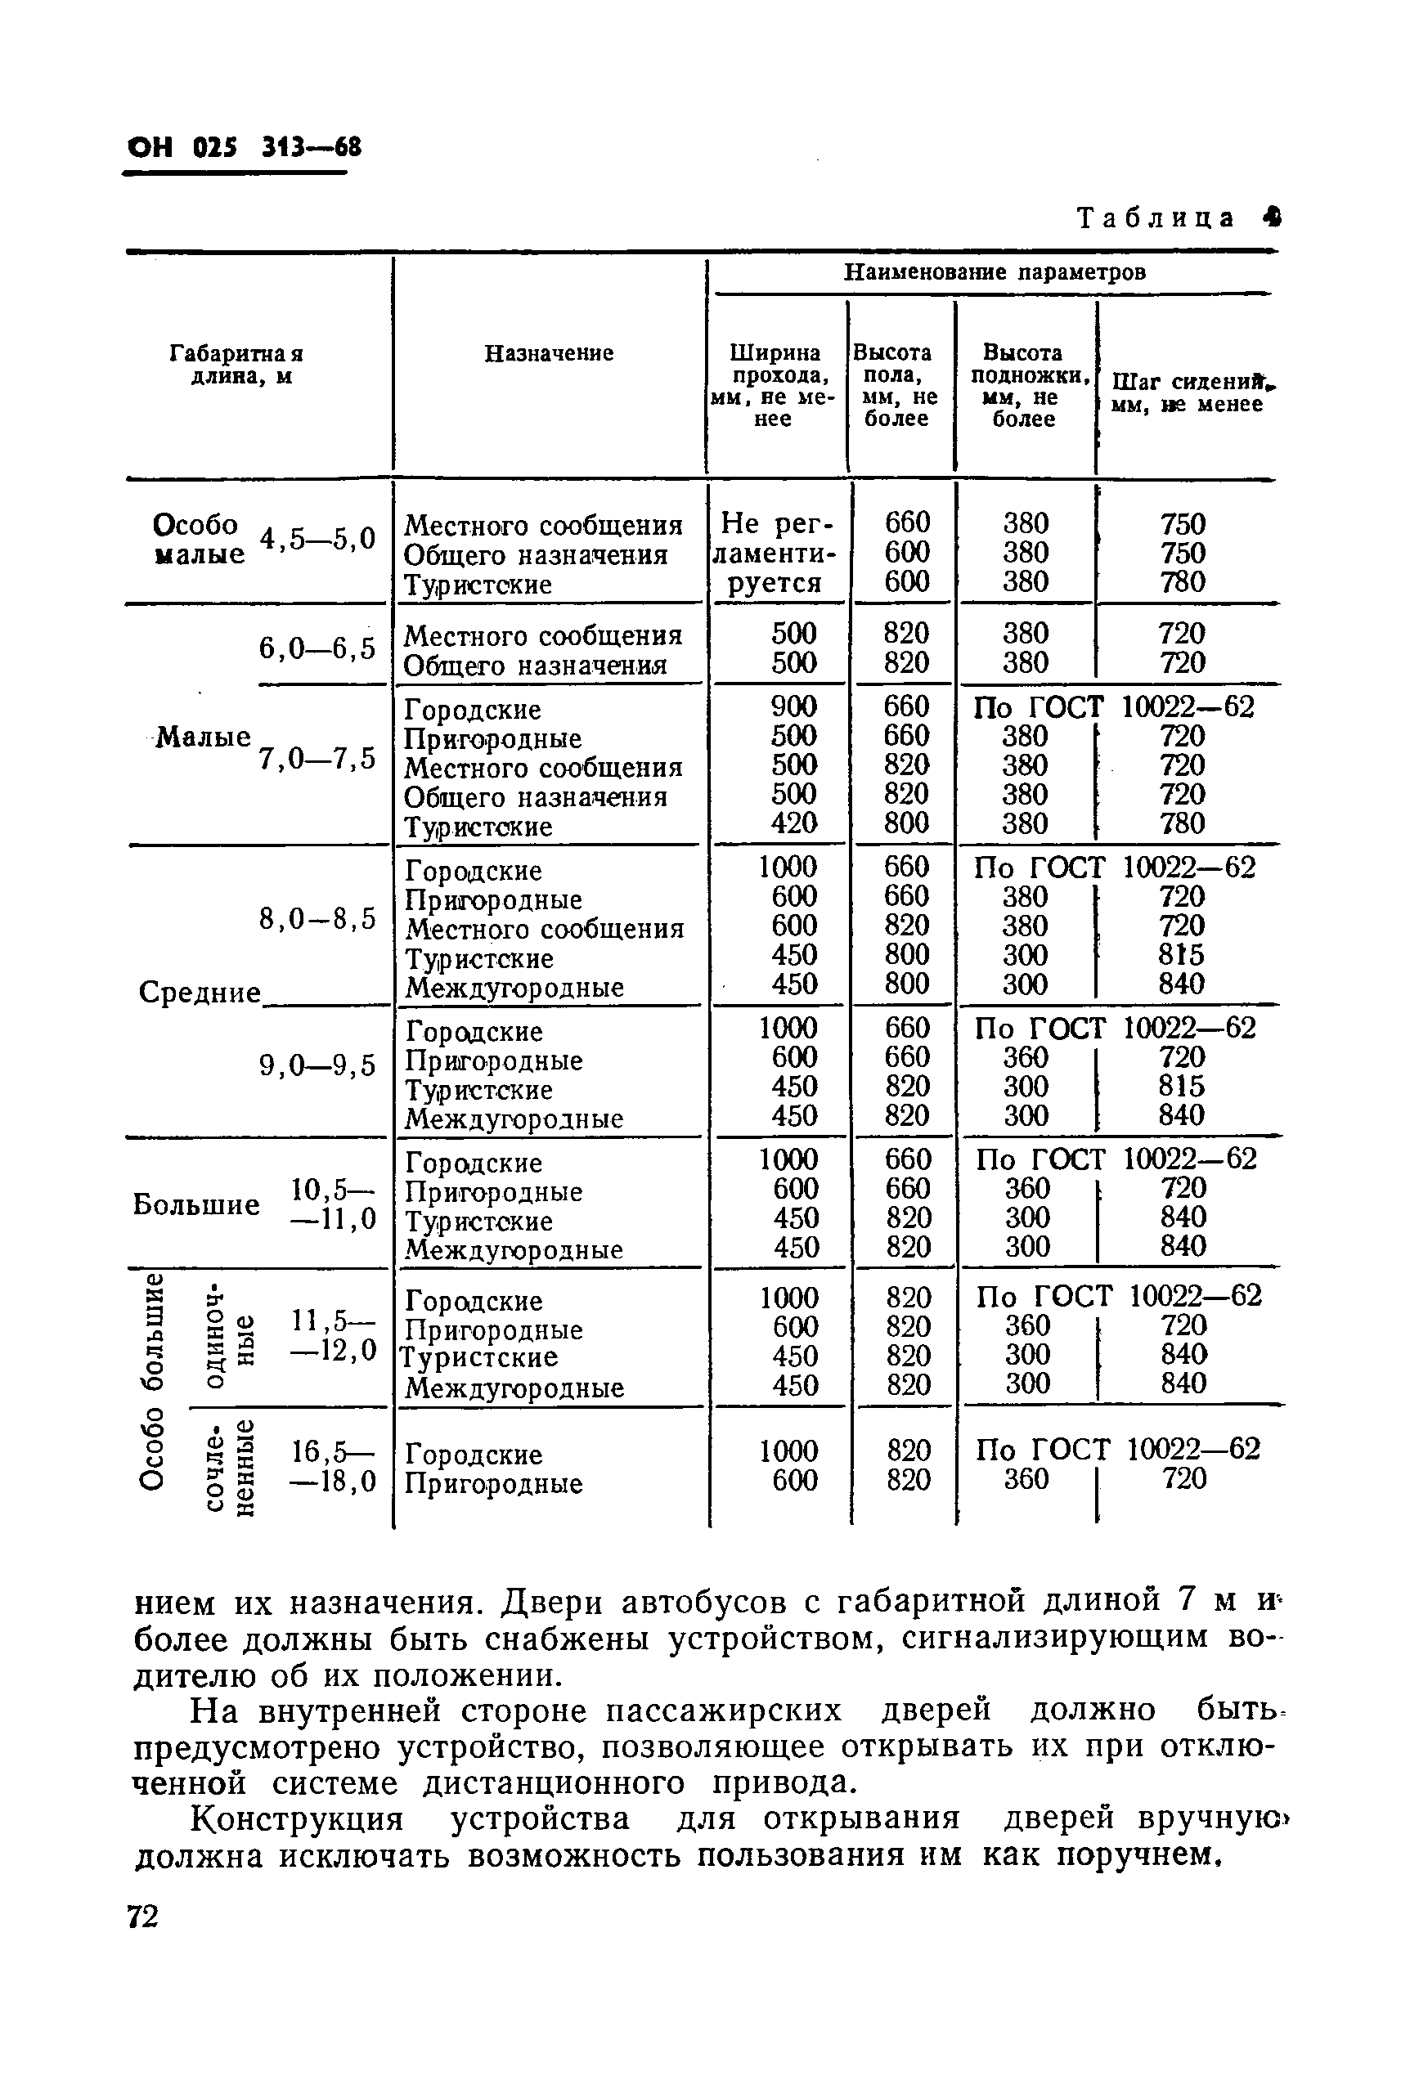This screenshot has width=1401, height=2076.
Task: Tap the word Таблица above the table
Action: tap(1156, 218)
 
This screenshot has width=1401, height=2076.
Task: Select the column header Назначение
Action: tap(549, 354)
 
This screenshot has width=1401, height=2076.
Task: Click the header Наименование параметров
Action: tap(995, 271)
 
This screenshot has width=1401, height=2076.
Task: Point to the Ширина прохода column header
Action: tap(774, 385)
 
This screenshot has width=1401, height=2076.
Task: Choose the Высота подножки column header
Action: tap(1024, 385)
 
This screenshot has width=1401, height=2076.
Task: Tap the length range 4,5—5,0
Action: tap(317, 539)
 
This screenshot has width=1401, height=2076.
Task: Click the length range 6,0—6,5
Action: tap(317, 648)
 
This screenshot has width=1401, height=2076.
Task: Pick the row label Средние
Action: tap(200, 993)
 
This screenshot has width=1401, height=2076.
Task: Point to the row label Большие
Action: tap(196, 1204)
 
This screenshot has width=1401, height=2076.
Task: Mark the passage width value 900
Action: tap(793, 706)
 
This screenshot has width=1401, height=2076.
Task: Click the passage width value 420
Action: tap(793, 823)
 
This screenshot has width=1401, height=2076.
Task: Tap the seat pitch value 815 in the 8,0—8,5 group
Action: tap(1181, 954)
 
